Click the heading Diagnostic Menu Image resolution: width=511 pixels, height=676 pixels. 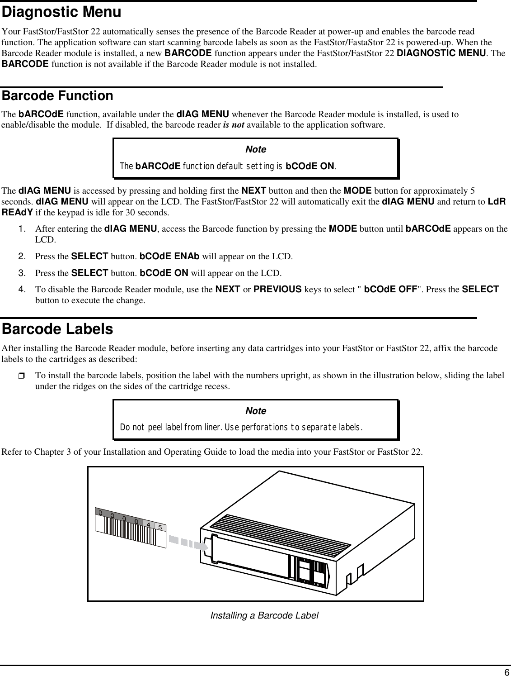tap(62, 13)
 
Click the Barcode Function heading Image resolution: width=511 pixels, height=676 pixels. tap(58, 96)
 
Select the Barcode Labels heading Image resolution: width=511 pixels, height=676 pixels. tap(58, 329)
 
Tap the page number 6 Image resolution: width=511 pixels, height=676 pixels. tap(506, 671)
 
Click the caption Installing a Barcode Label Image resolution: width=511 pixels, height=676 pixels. tap(264, 615)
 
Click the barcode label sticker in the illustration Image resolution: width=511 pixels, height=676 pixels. tap(130, 528)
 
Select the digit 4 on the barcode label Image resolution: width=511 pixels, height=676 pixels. tap(148, 524)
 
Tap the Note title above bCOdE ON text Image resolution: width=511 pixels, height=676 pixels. tap(255, 149)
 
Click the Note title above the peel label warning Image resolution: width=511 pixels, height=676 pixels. tap(255, 411)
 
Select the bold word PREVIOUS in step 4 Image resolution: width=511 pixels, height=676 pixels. tap(278, 289)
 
